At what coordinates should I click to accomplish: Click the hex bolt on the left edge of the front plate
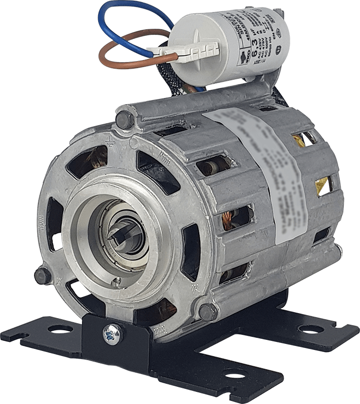pyautogui.click(x=41, y=275)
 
